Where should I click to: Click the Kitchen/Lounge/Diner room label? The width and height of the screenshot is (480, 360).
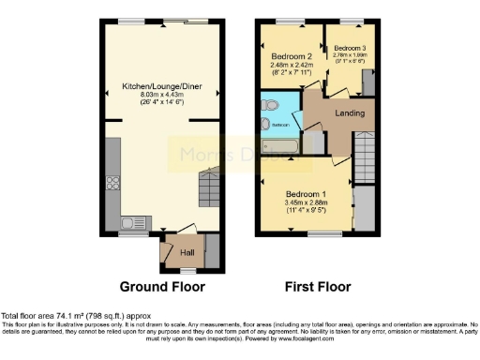(163, 85)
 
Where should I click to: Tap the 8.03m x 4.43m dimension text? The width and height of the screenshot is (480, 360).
(163, 94)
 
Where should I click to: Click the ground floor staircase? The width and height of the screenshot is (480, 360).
(208, 187)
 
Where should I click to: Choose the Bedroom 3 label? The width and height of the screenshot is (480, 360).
(350, 47)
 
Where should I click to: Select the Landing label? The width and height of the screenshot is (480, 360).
(350, 113)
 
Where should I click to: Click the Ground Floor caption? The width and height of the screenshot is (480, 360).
(163, 286)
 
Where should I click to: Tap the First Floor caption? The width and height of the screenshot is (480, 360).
(319, 286)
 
